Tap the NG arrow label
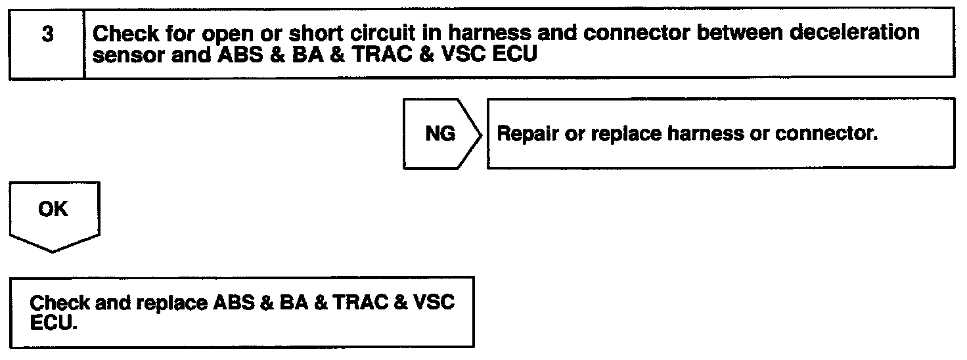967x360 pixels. click(x=439, y=134)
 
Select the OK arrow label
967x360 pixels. click(x=53, y=209)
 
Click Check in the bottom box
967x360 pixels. click(x=60, y=304)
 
